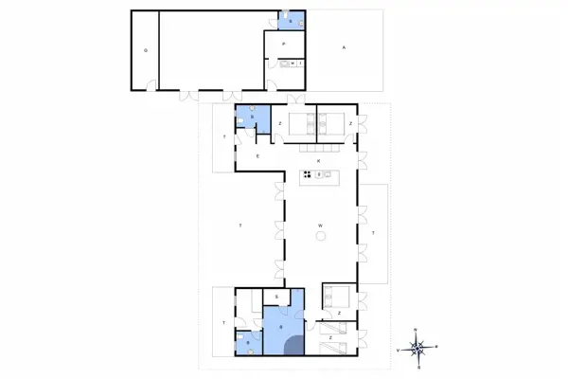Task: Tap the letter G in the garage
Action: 146,49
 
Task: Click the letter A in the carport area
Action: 343,47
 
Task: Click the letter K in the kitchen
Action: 319,162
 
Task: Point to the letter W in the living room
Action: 321,225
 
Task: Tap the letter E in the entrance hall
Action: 257,155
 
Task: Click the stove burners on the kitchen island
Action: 308,174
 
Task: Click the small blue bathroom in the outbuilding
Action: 292,18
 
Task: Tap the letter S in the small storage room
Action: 275,298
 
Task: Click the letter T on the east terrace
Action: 373,232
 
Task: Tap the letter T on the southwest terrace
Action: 223,323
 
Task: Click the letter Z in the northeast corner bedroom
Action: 351,123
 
